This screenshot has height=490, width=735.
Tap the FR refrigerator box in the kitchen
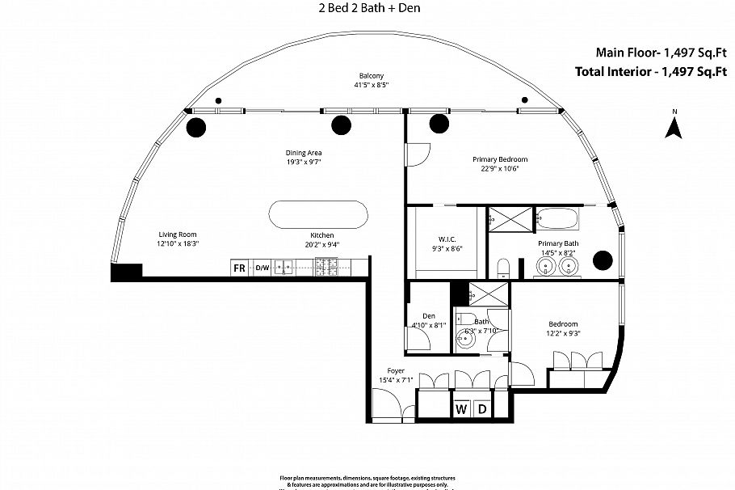[239, 267]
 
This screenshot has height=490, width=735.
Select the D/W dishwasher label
[262, 267]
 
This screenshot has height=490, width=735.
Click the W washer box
[461, 408]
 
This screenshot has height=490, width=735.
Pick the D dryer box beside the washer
[481, 408]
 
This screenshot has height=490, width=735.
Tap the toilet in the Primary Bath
[502, 268]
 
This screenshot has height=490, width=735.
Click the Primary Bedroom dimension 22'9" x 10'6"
[500, 169]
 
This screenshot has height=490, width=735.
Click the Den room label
[429, 315]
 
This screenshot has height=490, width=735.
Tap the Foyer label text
[396, 370]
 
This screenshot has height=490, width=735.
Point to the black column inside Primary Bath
[602, 260]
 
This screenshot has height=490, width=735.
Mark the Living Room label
[178, 234]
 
